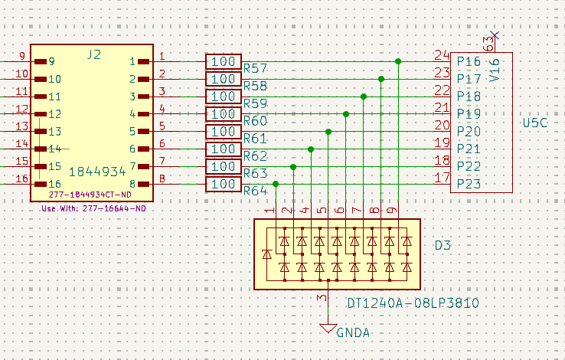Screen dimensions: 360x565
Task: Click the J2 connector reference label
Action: (x=93, y=54)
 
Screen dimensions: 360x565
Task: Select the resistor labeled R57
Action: (x=224, y=61)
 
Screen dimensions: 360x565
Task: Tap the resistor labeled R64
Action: (x=224, y=185)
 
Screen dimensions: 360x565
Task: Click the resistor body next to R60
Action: (x=224, y=114)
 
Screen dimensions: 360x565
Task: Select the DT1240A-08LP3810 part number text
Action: (x=413, y=303)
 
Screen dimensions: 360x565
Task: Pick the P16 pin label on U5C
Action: (x=469, y=61)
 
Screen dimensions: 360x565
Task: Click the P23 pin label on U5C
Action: (x=469, y=184)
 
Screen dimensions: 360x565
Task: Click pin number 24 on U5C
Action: (x=441, y=55)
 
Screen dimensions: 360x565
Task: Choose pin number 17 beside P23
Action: (x=441, y=178)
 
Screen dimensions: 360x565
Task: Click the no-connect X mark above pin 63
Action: (x=494, y=34)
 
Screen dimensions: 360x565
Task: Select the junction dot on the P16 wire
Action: (x=398, y=61)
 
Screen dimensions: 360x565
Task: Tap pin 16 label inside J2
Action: (x=54, y=185)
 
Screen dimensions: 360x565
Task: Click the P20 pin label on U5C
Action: (x=469, y=132)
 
